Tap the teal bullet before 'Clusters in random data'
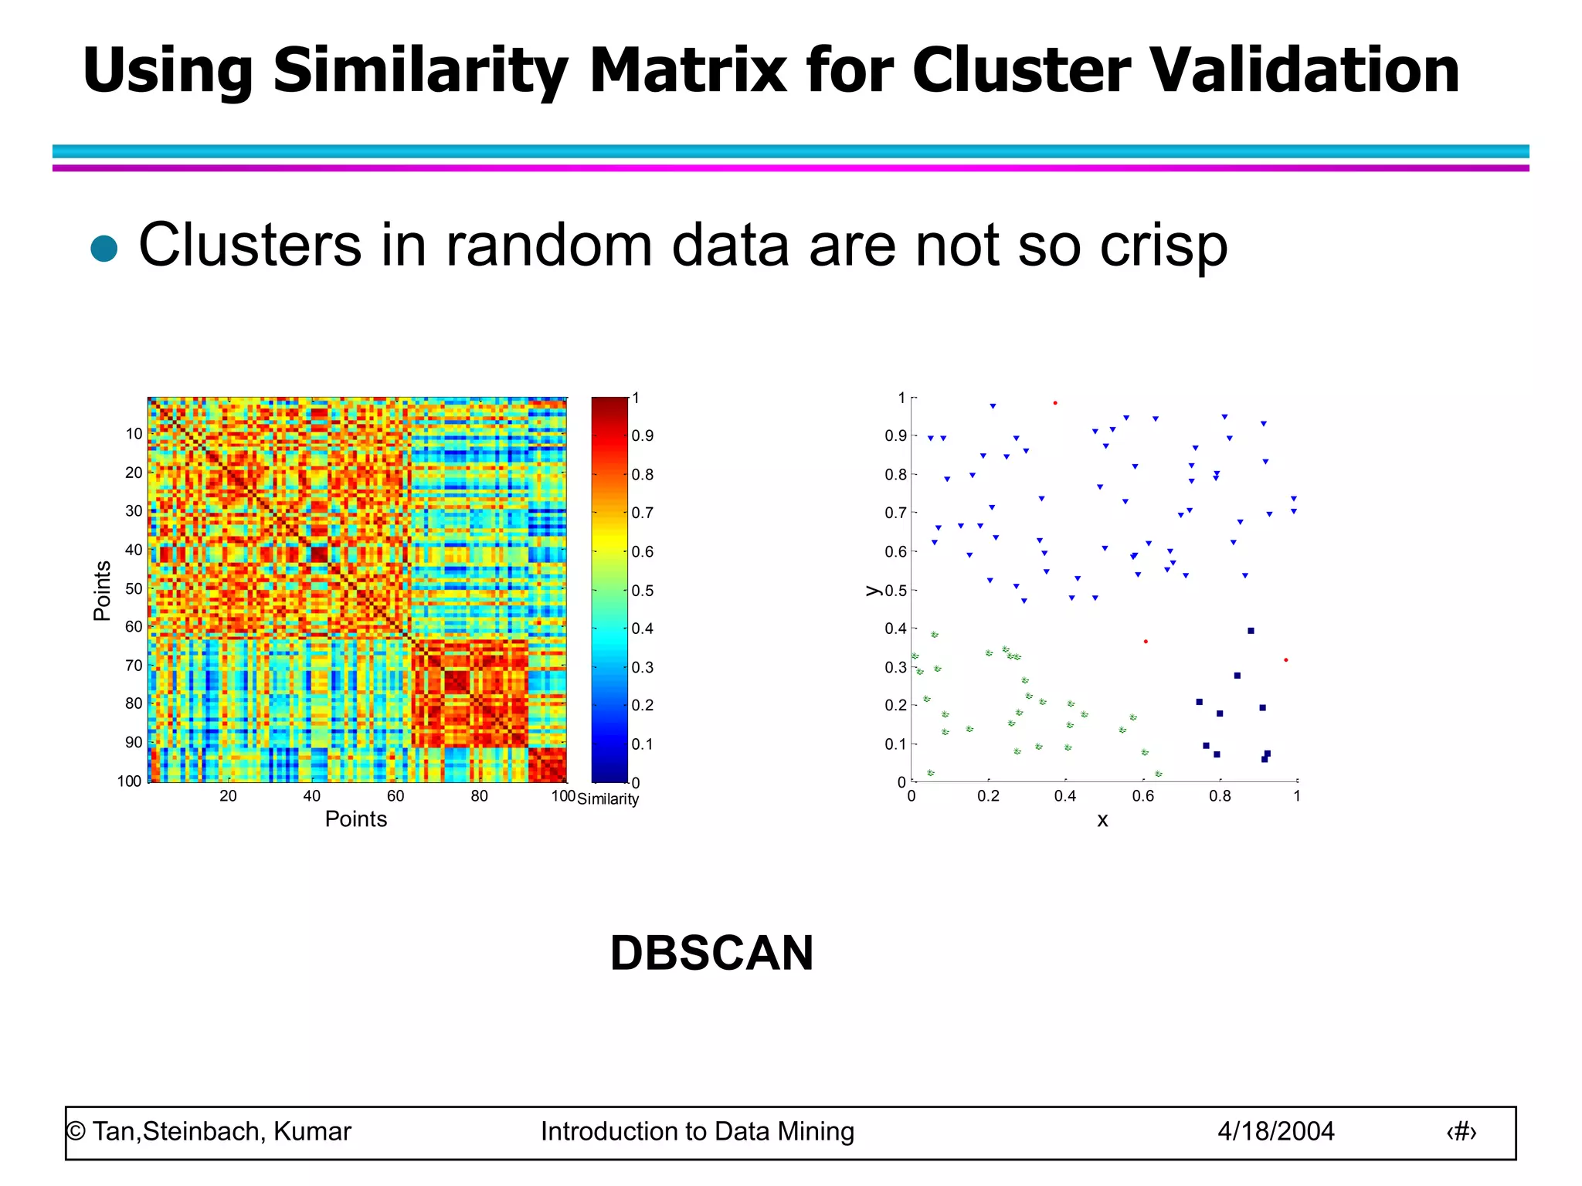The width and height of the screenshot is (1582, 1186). coord(104,249)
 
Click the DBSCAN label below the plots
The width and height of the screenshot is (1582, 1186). coord(711,953)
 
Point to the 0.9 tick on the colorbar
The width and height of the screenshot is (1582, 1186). coord(642,436)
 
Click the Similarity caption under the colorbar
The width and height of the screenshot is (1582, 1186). coord(608,799)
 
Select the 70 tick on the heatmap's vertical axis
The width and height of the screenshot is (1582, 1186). coord(134,665)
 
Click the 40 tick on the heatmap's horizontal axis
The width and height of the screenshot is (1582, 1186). coord(311,796)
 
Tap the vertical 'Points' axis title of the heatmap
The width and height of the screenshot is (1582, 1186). coord(102,591)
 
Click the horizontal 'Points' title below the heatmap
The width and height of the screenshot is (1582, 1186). coord(355,819)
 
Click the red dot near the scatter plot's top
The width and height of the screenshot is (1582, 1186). coord(1055,403)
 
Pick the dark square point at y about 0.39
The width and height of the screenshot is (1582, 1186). coord(1251,631)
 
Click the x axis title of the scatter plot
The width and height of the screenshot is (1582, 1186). coord(1102,821)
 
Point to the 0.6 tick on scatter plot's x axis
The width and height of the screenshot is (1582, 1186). coord(1142,796)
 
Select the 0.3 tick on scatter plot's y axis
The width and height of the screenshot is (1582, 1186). coord(895,667)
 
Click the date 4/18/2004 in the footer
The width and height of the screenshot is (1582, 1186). coord(1275,1132)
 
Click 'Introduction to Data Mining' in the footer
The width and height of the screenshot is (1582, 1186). coord(697,1132)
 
